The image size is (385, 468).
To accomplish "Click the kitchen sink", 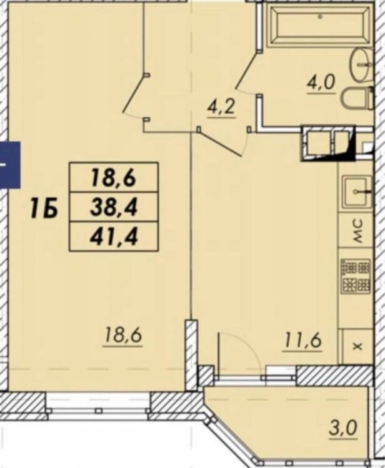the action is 357,191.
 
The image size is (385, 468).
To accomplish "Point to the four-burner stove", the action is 356,276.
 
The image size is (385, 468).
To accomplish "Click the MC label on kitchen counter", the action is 357,230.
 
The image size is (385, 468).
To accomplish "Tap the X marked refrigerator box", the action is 357,346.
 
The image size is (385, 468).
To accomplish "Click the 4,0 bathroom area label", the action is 321,84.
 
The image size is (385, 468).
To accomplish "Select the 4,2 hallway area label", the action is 222,108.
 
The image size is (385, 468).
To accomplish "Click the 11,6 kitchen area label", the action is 303,341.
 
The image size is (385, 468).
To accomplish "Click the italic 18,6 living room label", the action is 122,337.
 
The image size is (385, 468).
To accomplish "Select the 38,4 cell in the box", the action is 114,207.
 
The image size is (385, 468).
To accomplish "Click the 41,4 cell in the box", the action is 114,236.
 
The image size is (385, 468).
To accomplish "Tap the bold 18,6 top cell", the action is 114,178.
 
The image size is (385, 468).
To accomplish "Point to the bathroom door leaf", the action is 247,70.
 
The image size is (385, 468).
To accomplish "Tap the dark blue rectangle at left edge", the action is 10,165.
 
